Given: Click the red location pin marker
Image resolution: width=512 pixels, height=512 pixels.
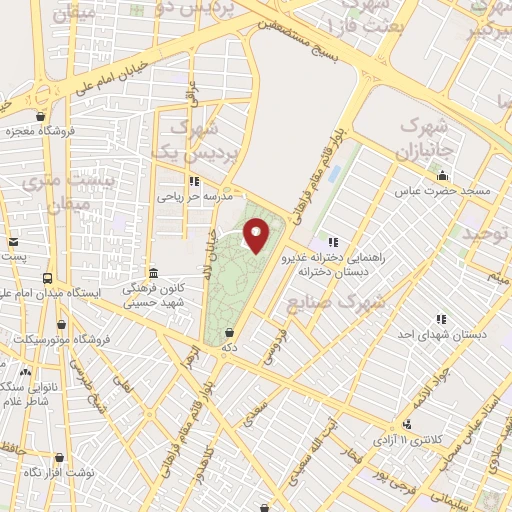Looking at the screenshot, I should (x=257, y=237).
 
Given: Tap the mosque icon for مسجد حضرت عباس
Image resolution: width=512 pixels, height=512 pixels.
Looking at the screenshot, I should (x=441, y=174).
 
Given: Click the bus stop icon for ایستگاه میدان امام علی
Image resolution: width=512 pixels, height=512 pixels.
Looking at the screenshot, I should (x=47, y=277).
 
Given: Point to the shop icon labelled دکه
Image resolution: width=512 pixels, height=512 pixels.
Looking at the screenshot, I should (x=231, y=333).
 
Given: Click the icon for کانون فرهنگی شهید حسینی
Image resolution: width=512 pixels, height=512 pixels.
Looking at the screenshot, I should (x=153, y=274).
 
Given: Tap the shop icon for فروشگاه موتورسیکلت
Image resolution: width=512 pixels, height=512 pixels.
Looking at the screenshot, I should (x=65, y=323).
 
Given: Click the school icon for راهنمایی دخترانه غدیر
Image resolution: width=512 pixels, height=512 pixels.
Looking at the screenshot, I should (x=332, y=241).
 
